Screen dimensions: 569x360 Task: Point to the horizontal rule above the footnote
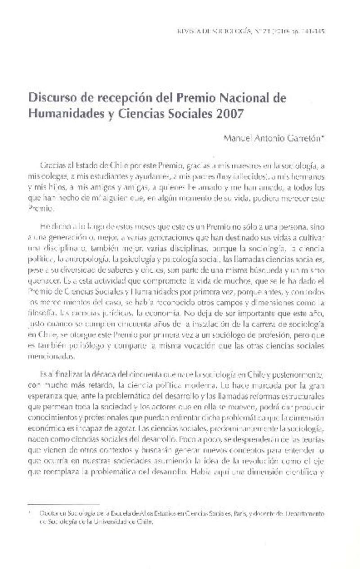tap(63, 504)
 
